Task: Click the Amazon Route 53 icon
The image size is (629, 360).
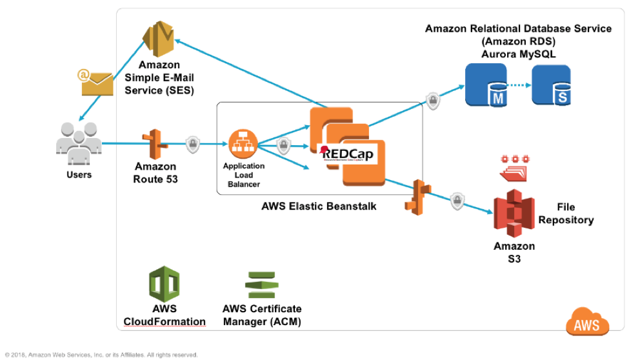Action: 156,144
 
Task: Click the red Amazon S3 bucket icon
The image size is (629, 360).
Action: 514,214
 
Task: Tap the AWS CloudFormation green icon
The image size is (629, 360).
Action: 164,284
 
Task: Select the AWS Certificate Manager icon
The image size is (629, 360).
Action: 261,285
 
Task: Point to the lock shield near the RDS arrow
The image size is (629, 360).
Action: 432,101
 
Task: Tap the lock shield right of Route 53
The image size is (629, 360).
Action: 192,145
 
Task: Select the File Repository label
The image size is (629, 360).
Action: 566,214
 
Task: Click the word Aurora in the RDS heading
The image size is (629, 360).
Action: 499,54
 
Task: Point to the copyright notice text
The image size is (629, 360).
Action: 101,354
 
